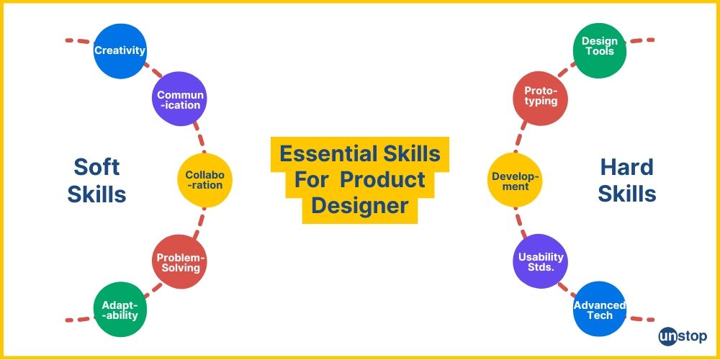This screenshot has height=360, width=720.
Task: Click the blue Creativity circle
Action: point(120,50)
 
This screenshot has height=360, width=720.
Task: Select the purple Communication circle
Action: point(180,99)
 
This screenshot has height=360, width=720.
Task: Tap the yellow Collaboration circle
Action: point(204,180)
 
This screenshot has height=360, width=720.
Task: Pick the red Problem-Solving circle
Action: point(180,262)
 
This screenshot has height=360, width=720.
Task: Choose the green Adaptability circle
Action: point(120,310)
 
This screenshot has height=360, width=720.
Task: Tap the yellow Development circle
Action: point(515,180)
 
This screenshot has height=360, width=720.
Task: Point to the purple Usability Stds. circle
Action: point(541,262)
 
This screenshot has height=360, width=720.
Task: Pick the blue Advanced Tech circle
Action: point(599,310)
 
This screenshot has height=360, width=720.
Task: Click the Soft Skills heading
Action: point(96,180)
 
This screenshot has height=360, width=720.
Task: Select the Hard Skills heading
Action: point(626,180)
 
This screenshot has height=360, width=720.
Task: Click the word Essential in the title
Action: point(319,153)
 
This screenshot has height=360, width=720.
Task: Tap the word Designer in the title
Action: point(360,207)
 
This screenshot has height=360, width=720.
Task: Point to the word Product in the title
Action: point(393,180)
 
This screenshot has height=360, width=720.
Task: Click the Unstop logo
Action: point(682,337)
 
